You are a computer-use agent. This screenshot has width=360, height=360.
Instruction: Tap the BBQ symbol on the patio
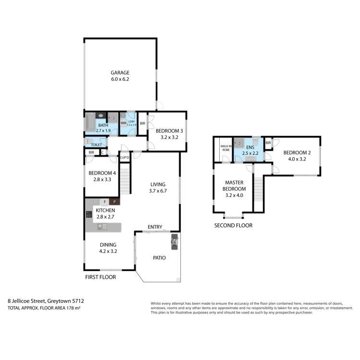coord(174,242)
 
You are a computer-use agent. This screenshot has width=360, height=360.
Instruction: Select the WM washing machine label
coord(123,123)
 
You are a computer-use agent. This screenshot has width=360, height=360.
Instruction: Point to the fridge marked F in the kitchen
coord(104,202)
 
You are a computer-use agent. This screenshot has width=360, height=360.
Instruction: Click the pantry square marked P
coord(114,202)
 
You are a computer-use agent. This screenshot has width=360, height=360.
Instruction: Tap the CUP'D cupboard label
coord(124,157)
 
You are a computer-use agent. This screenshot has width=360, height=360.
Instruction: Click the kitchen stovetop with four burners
coord(89,216)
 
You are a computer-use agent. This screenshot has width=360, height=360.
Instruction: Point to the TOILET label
coord(98,144)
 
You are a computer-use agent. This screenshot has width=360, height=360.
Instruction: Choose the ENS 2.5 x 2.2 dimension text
coord(250,153)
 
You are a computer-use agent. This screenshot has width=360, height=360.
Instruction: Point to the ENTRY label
coord(155,227)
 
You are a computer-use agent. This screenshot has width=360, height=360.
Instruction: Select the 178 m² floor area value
coord(72,307)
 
